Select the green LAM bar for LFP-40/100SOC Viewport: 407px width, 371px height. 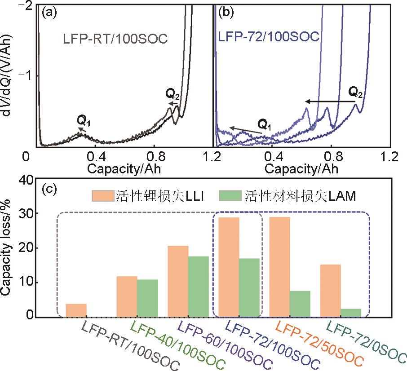pyautogui.click(x=147, y=298)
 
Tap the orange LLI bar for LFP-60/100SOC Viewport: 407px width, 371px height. pyautogui.click(x=178, y=282)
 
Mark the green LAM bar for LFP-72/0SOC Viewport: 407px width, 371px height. pyautogui.click(x=351, y=313)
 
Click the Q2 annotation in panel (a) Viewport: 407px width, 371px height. pyautogui.click(x=171, y=94)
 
